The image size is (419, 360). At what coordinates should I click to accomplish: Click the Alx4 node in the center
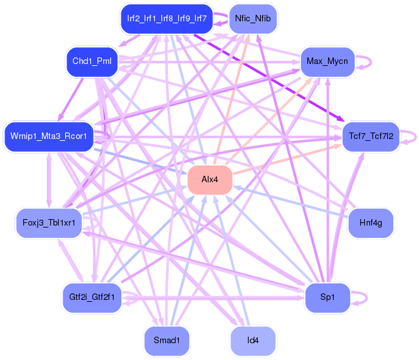[x=210, y=179]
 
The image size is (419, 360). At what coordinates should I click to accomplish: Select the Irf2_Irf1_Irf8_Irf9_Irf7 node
[x=166, y=19]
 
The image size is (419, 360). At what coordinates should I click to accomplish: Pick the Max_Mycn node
[x=327, y=62]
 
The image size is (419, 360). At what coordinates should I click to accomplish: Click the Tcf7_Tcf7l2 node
[x=371, y=136]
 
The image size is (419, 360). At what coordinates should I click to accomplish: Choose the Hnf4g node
[x=371, y=223]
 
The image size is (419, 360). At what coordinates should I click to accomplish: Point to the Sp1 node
[x=327, y=298]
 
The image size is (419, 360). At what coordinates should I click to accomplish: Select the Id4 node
[x=253, y=340]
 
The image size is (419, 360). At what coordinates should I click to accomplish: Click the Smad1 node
[x=167, y=340]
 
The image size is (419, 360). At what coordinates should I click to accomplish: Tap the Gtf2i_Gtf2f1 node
[x=92, y=297]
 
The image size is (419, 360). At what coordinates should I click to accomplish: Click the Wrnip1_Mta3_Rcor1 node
[x=49, y=136]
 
